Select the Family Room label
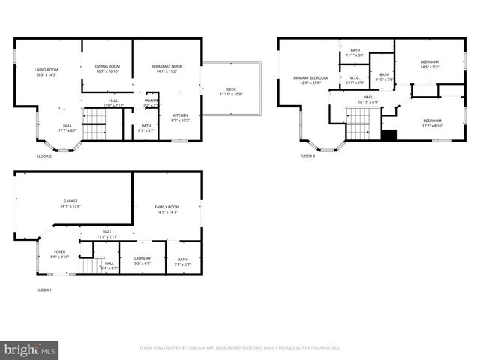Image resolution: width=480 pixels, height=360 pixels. click(x=166, y=209)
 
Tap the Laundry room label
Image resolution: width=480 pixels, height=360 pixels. click(x=141, y=261)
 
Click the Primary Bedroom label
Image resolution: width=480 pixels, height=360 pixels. click(x=310, y=79)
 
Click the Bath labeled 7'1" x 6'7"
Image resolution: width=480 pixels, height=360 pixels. click(x=182, y=261)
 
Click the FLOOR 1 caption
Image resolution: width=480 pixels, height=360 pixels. click(x=44, y=289)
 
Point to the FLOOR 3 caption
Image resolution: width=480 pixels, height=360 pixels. click(x=308, y=157)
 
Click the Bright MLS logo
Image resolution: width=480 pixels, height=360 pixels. click(x=30, y=349)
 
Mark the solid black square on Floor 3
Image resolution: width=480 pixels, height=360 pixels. click(x=388, y=136)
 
